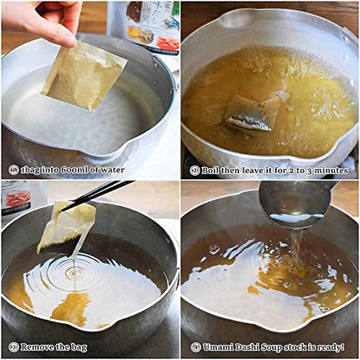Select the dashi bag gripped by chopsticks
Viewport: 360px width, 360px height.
[x=66, y=224]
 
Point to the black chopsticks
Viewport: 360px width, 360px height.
[x=101, y=193]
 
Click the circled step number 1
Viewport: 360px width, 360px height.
[x=14, y=170]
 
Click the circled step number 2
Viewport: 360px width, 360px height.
[x=194, y=171]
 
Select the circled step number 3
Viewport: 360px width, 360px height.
[x=14, y=346]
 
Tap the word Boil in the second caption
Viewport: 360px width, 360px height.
[x=214, y=171]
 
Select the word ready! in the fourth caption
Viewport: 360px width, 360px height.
[x=334, y=347]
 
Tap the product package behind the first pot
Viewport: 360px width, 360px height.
[x=144, y=25]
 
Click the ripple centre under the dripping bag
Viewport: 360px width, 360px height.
[x=74, y=273]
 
